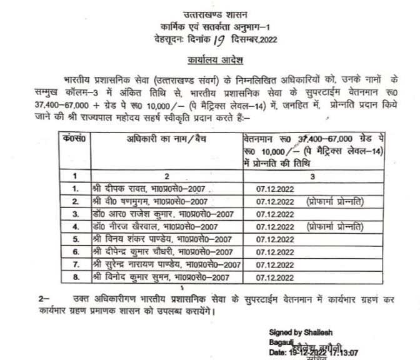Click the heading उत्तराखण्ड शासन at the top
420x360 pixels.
(x=209, y=14)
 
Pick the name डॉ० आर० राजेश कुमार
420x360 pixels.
(x=118, y=214)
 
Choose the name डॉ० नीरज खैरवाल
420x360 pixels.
(x=116, y=226)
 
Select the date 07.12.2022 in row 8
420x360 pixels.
(x=274, y=277)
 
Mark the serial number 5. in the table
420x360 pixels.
(x=75, y=239)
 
